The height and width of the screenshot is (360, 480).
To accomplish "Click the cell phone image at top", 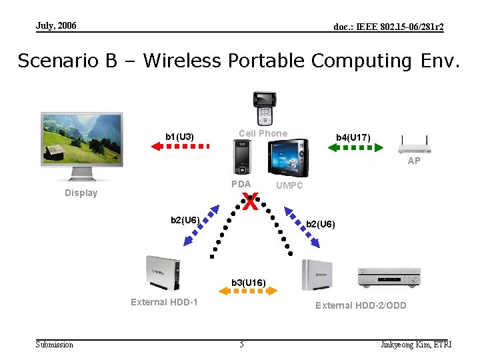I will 264,108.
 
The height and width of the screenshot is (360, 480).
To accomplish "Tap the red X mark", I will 250,201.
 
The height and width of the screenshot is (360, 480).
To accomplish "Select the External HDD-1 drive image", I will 164,273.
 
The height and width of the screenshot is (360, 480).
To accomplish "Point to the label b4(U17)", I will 353,137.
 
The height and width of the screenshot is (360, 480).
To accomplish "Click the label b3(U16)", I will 249,283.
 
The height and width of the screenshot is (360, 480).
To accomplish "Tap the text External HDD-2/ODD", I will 361,305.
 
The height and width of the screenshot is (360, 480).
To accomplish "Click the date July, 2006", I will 56,26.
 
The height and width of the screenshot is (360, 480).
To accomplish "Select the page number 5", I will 242,345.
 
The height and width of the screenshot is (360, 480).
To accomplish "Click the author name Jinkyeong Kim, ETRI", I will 416,345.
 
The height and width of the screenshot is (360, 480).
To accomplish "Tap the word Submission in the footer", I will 55,345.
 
